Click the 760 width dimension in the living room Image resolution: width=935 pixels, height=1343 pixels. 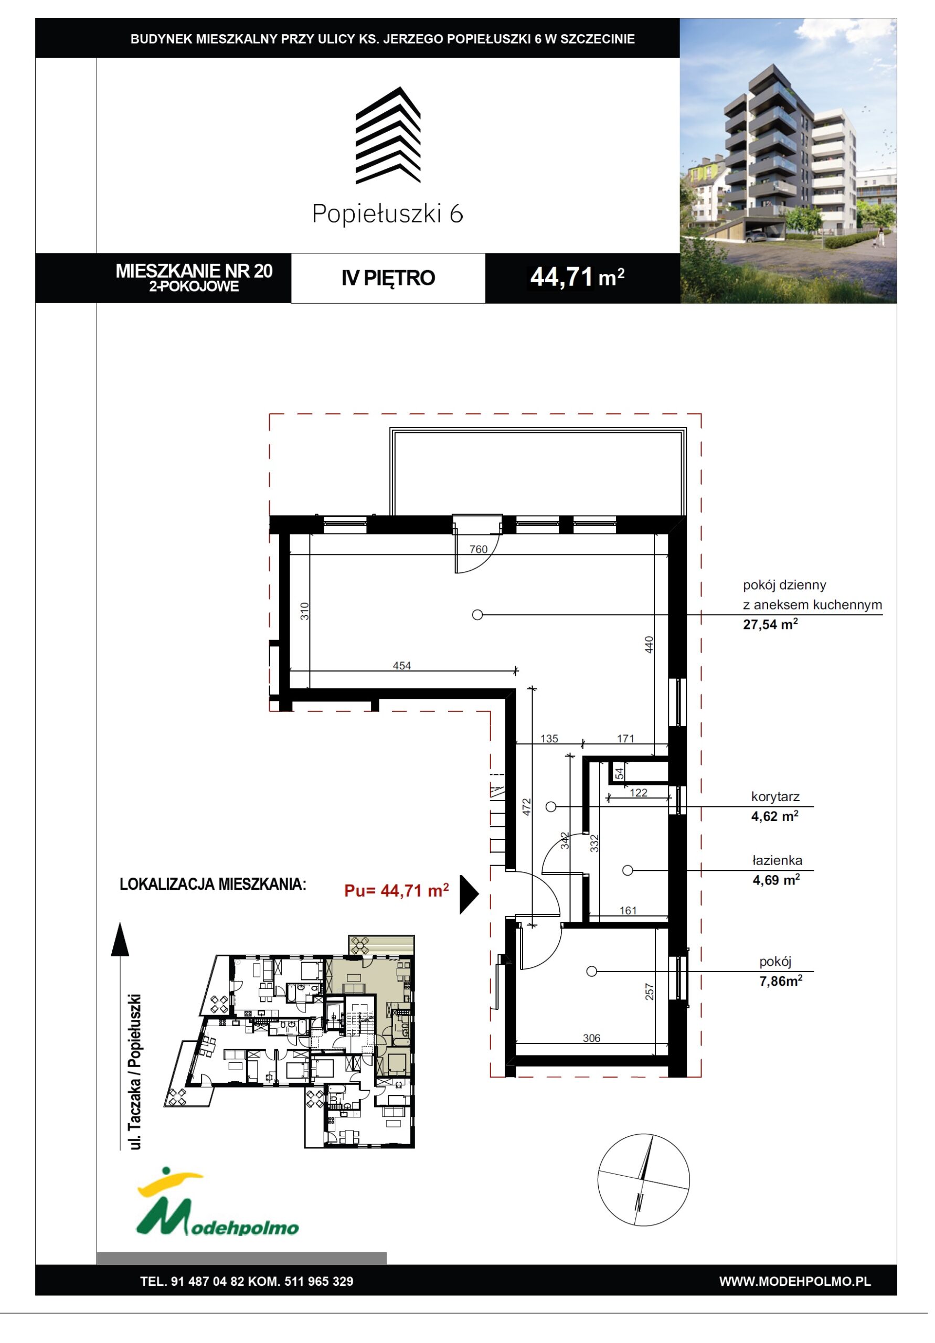pos(478,549)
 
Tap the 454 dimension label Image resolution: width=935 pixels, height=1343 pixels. pos(401,665)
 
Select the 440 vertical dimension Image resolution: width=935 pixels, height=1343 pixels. pos(649,645)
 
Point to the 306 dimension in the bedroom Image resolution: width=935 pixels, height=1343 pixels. pos(591,1038)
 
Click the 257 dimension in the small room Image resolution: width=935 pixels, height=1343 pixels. pos(649,991)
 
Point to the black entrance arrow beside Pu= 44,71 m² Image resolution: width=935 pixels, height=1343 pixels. pos(469,894)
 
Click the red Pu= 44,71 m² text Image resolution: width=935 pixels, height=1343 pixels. pos(396,890)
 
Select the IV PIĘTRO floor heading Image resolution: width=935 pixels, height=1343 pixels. pos(388,278)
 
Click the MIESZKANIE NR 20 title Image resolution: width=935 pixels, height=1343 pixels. pos(194,271)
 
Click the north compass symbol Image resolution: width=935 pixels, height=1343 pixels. pos(643,1180)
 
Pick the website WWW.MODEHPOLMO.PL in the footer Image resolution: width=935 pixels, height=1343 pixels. pos(794,1281)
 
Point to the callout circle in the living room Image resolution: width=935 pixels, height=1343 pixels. pos(477,615)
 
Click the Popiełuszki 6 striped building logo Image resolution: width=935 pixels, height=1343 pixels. pos(388,135)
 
